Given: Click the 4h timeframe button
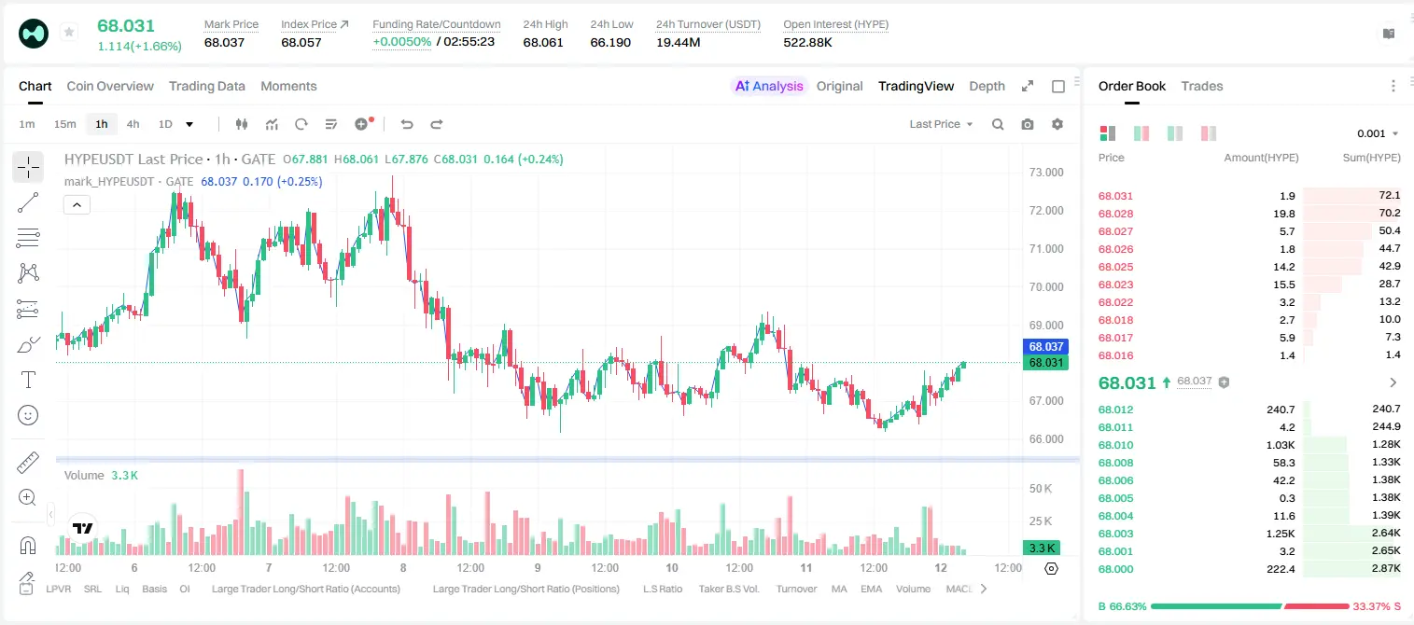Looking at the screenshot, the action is pyautogui.click(x=133, y=124).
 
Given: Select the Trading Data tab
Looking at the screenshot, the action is pyautogui.click(x=206, y=86).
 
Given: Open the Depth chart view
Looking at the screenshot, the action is pyautogui.click(x=987, y=86).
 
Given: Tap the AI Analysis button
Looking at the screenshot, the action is pyautogui.click(x=769, y=86).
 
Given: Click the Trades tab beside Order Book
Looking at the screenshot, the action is pyautogui.click(x=1202, y=86).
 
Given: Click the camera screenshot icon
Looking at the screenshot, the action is pyautogui.click(x=1028, y=124).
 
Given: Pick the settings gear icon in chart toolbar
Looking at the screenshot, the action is pyautogui.click(x=1057, y=124).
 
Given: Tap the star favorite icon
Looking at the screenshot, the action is pyautogui.click(x=69, y=32).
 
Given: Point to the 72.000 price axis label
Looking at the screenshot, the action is pyautogui.click(x=1046, y=211).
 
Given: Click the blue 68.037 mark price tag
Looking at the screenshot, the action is pyautogui.click(x=1045, y=346).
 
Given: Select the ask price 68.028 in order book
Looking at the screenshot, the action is pyautogui.click(x=1115, y=214).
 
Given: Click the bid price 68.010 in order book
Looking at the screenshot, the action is pyautogui.click(x=1115, y=445).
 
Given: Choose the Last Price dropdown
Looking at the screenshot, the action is pyautogui.click(x=941, y=124).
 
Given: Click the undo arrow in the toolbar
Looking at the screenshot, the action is pyautogui.click(x=407, y=124).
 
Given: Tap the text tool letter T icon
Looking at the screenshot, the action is pyautogui.click(x=28, y=380).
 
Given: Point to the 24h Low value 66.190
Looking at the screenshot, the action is pyautogui.click(x=610, y=42).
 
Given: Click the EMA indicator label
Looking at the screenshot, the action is pyautogui.click(x=871, y=589).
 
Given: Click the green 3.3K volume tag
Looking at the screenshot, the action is pyautogui.click(x=1042, y=549).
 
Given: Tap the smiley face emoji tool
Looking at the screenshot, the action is pyautogui.click(x=28, y=415).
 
